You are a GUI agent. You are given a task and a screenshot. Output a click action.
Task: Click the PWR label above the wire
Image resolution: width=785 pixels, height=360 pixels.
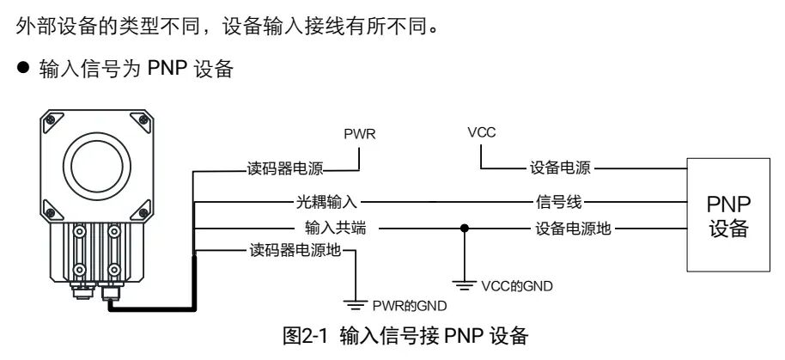tap(360, 134)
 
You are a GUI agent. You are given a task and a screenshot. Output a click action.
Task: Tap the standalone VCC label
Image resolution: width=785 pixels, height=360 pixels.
tap(482, 132)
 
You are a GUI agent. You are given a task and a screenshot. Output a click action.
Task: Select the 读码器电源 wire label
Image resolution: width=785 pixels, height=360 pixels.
tap(285, 168)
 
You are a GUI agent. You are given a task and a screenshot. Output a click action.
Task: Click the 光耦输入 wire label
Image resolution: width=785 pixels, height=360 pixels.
tap(326, 202)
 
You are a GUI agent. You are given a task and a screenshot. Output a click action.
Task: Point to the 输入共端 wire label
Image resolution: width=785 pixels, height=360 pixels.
tap(336, 229)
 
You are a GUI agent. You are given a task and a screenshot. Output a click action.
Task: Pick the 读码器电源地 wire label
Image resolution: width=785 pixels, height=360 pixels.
tap(295, 249)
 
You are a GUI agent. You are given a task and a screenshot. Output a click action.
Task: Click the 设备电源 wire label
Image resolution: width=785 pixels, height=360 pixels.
tap(560, 168)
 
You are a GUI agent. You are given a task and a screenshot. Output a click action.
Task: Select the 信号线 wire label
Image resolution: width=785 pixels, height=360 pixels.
tap(559, 202)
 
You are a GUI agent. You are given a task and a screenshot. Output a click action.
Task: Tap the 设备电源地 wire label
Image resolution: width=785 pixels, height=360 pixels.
tap(573, 229)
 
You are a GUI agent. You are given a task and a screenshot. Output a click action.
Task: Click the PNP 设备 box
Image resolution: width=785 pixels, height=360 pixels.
tap(728, 215)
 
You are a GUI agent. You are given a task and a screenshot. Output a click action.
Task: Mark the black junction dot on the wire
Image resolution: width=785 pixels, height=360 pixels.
tap(464, 229)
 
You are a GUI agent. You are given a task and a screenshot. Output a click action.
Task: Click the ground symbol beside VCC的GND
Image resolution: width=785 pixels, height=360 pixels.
tap(464, 286)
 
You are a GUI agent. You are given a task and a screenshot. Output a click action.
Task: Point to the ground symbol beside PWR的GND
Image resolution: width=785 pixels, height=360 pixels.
tap(356, 304)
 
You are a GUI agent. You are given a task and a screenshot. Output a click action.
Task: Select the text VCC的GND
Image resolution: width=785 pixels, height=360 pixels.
tap(517, 286)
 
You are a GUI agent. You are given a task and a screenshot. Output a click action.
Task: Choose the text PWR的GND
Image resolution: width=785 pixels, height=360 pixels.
tap(410, 305)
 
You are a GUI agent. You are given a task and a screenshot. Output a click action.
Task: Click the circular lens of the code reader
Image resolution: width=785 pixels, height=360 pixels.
tap(97, 166)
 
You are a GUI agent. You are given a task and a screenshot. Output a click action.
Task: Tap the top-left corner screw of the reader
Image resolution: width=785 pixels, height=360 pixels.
tap(50, 119)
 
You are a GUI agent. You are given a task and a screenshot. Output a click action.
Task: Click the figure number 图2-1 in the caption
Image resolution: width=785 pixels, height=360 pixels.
tap(305, 335)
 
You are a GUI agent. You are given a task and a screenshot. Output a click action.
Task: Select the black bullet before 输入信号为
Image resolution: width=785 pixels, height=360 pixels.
tap(23, 68)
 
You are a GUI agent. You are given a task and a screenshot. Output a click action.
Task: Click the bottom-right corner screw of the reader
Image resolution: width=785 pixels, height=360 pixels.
tap(143, 213)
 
